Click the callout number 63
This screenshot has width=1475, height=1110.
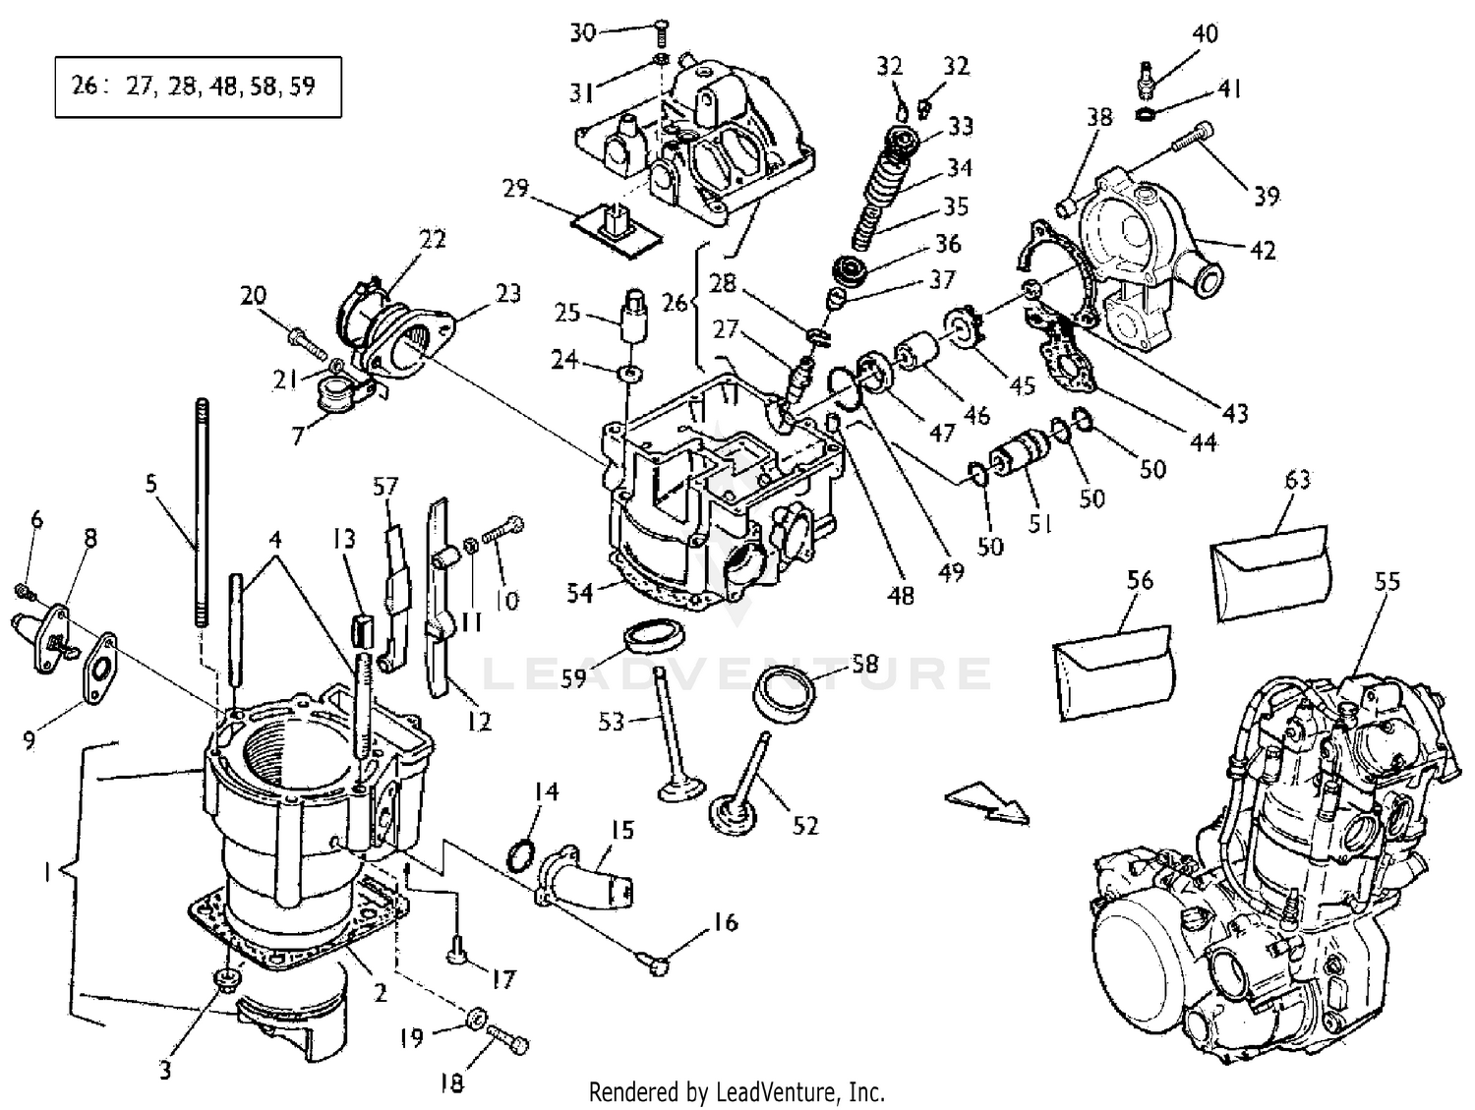(x=1298, y=481)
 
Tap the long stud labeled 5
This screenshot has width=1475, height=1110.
(x=202, y=511)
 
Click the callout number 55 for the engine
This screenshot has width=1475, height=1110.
(x=1386, y=582)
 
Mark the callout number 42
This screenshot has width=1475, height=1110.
(x=1263, y=250)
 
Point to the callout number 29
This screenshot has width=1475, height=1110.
(x=516, y=189)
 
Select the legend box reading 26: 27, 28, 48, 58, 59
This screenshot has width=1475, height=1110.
(x=198, y=88)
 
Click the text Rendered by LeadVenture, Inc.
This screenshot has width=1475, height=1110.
(x=737, y=1091)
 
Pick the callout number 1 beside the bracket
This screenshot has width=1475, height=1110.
(x=47, y=872)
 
